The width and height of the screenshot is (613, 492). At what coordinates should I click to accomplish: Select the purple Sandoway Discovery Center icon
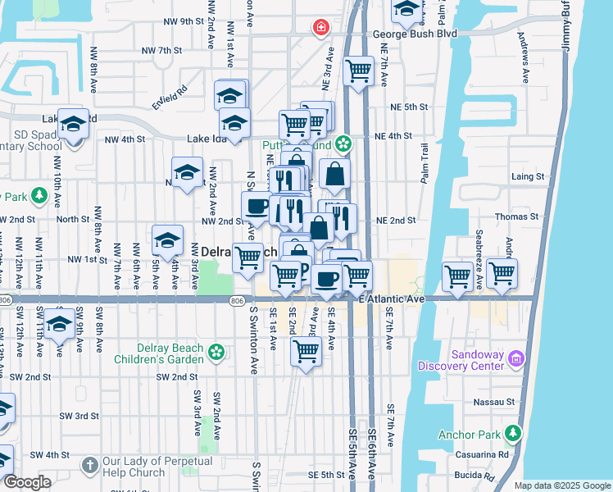point(516,358)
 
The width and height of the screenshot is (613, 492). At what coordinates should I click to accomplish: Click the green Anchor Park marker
point(513,432)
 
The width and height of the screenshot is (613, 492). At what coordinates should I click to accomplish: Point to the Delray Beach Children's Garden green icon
point(216,352)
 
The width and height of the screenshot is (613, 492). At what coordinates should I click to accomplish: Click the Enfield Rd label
point(169,98)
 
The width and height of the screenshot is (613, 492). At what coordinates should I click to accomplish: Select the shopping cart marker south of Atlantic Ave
point(306,352)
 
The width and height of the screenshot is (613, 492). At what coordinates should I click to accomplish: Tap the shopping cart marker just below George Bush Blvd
point(358,71)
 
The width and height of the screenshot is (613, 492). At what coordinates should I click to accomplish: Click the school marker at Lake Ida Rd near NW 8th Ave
point(74,125)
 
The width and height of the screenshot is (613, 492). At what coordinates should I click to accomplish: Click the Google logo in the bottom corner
point(27,482)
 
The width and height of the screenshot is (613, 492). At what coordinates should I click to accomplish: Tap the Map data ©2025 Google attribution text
point(561,485)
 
